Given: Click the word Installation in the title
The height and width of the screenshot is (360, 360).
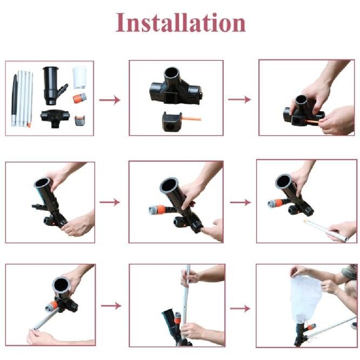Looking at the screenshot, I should coord(181,22).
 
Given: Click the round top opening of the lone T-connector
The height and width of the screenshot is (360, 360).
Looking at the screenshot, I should coord(172,74).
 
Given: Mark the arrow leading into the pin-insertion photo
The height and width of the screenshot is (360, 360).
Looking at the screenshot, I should coord(239,99).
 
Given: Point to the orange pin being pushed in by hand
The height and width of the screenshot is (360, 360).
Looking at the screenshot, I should coord(312,122).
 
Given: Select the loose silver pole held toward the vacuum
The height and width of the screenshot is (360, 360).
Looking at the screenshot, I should coord(330,230).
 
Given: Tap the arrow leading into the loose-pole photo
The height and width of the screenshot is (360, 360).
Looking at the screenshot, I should coord(240,202).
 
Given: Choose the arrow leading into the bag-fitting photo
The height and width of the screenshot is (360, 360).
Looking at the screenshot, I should coord(240,309).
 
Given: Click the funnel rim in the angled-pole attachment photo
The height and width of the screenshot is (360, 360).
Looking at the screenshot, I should coord(60,284).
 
